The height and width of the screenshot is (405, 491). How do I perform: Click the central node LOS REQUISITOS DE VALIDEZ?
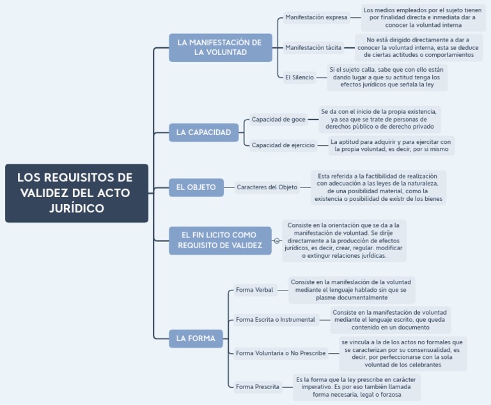pos(77,193)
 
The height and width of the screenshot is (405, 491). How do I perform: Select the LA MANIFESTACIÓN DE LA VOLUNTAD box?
pos(220,47)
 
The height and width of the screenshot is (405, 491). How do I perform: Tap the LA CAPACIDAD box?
pos(203,132)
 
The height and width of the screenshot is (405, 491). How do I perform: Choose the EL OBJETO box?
pos(196,187)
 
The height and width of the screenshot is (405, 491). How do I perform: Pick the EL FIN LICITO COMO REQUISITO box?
pos(220,240)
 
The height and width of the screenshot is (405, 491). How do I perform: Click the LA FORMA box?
pos(196,338)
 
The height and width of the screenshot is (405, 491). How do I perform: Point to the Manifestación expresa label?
pos(316,17)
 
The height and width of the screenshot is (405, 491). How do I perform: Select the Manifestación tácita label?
pos(313,47)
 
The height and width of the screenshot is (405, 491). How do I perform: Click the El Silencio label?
pos(299,77)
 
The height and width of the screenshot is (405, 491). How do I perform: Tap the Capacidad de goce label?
pos(278,119)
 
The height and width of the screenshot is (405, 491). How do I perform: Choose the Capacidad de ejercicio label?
pos(283,145)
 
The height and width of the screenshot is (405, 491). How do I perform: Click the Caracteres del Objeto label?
pos(267,187)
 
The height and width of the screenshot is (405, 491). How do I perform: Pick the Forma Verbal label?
pos(254,290)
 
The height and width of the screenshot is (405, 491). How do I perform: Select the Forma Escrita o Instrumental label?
pos(275,319)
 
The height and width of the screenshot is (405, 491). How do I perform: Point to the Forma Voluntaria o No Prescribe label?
pos(281,353)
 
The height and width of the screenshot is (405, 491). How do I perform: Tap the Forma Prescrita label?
pos(257,386)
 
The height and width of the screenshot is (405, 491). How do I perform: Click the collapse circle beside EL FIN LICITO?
pos(277,241)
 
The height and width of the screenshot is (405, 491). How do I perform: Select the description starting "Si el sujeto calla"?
pos(387,77)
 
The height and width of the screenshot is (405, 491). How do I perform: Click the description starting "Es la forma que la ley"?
pos(357,386)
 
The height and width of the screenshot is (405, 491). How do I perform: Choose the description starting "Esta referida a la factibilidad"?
pos(378,187)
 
